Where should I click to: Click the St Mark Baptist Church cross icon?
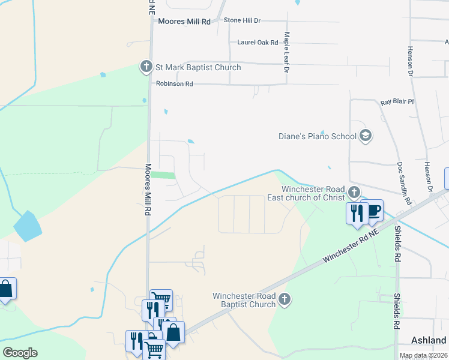[146, 67]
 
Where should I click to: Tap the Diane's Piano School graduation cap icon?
[365, 136]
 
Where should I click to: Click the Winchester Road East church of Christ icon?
[354, 193]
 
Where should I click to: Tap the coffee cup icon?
[373, 211]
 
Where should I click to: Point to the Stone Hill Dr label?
[242, 20]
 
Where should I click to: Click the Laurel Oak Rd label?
[258, 43]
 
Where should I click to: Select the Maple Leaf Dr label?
[287, 53]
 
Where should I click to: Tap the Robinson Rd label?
[174, 84]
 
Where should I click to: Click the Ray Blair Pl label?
[397, 102]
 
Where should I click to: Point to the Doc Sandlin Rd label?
[404, 184]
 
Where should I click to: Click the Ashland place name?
[429, 340]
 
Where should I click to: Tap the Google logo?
[20, 353]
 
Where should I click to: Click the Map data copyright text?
[424, 356]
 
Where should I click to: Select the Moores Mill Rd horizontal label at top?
[184, 21]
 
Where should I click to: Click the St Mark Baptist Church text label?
[198, 67]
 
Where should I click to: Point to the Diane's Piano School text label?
[318, 136]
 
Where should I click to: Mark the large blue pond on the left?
[28, 227]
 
